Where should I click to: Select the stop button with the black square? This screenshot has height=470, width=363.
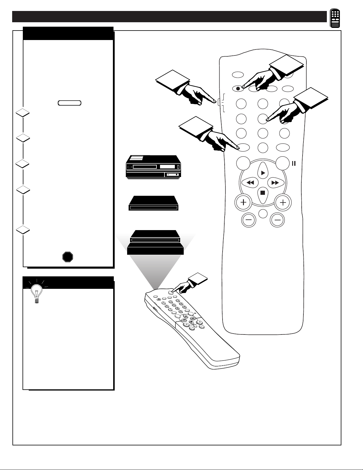pyautogui.click(x=263, y=193)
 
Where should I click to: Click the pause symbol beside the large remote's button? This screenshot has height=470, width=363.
pyautogui.click(x=294, y=163)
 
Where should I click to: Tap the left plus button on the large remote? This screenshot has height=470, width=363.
pyautogui.click(x=243, y=203)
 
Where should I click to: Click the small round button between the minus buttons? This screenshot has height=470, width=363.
pyautogui.click(x=263, y=214)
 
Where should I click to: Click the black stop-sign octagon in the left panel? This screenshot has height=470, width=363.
pyautogui.click(x=68, y=257)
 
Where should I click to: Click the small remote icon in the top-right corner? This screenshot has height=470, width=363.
pyautogui.click(x=335, y=18)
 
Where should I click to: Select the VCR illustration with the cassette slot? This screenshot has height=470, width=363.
pyautogui.click(x=153, y=167)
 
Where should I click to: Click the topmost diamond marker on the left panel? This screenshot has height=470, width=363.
pyautogui.click(x=23, y=112)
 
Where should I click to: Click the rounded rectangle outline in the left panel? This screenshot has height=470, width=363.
pyautogui.click(x=70, y=103)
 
